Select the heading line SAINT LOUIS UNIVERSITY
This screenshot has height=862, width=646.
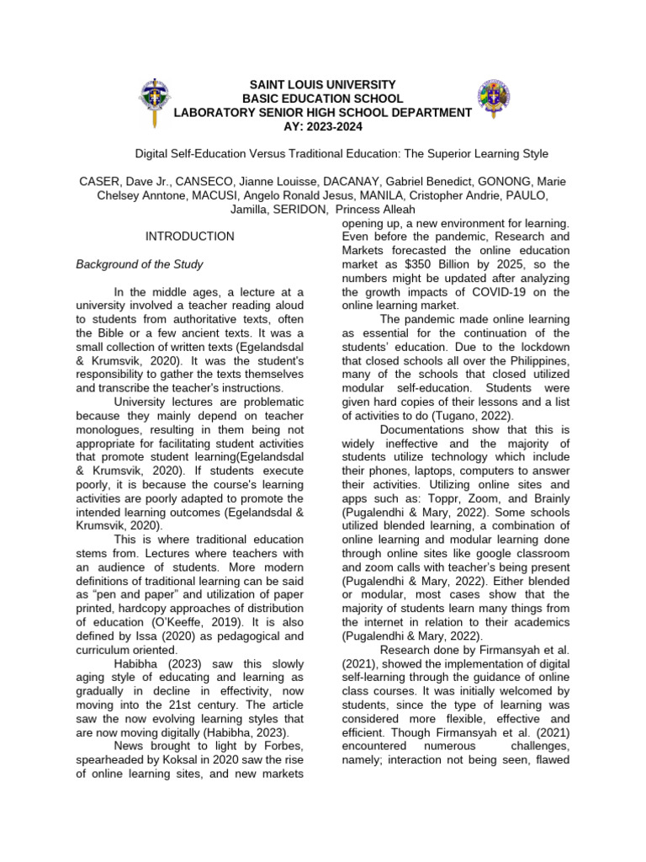click(x=323, y=86)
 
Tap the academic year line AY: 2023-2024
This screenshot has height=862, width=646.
click(x=323, y=125)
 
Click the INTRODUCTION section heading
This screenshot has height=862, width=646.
click(x=189, y=237)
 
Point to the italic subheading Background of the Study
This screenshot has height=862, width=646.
click(x=139, y=264)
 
